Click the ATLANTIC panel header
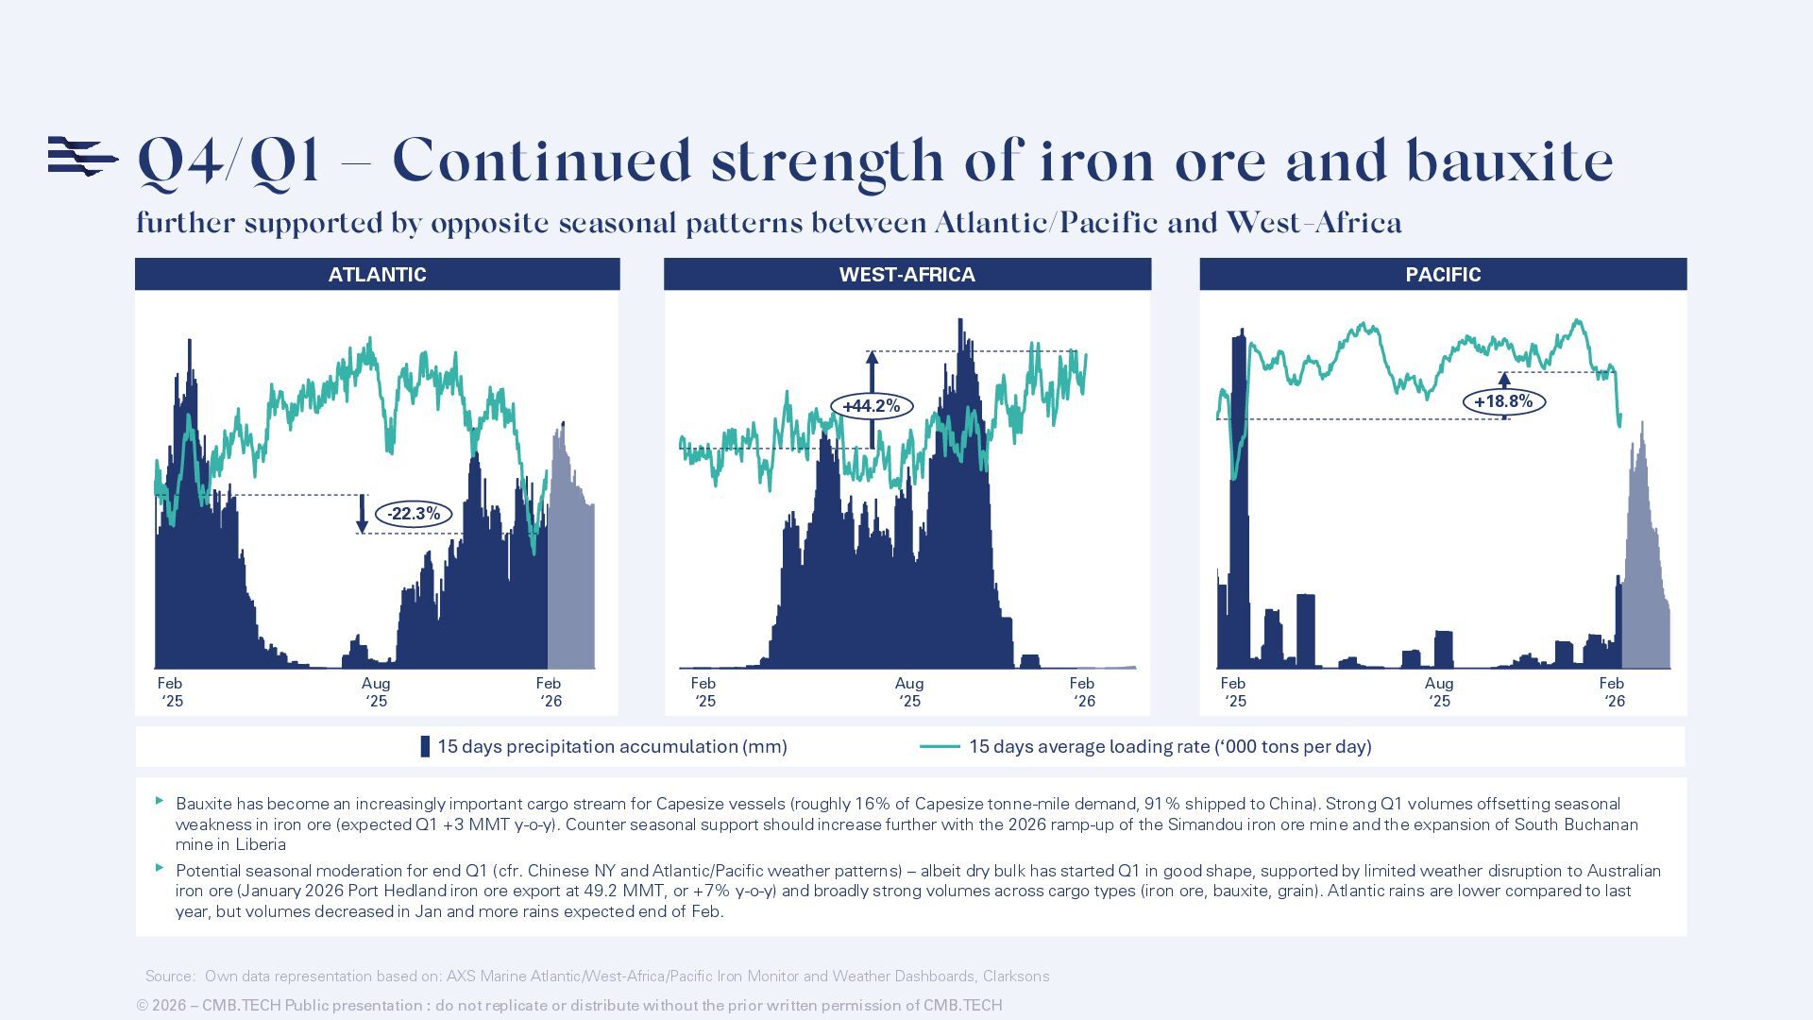(377, 275)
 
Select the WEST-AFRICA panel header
(906, 275)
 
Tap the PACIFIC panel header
(1443, 275)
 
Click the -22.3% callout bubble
(414, 514)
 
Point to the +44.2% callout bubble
(872, 406)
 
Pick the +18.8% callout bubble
(1503, 401)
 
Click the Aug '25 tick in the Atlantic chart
(376, 691)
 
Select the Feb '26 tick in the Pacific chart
(1613, 691)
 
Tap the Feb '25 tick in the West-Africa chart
(704, 691)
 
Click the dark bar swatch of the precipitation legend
(425, 747)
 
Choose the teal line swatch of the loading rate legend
(940, 747)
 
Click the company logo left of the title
(82, 157)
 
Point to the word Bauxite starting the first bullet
(204, 805)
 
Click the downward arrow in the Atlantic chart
(362, 516)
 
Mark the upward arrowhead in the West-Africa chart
(872, 359)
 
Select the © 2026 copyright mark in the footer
(161, 1006)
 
